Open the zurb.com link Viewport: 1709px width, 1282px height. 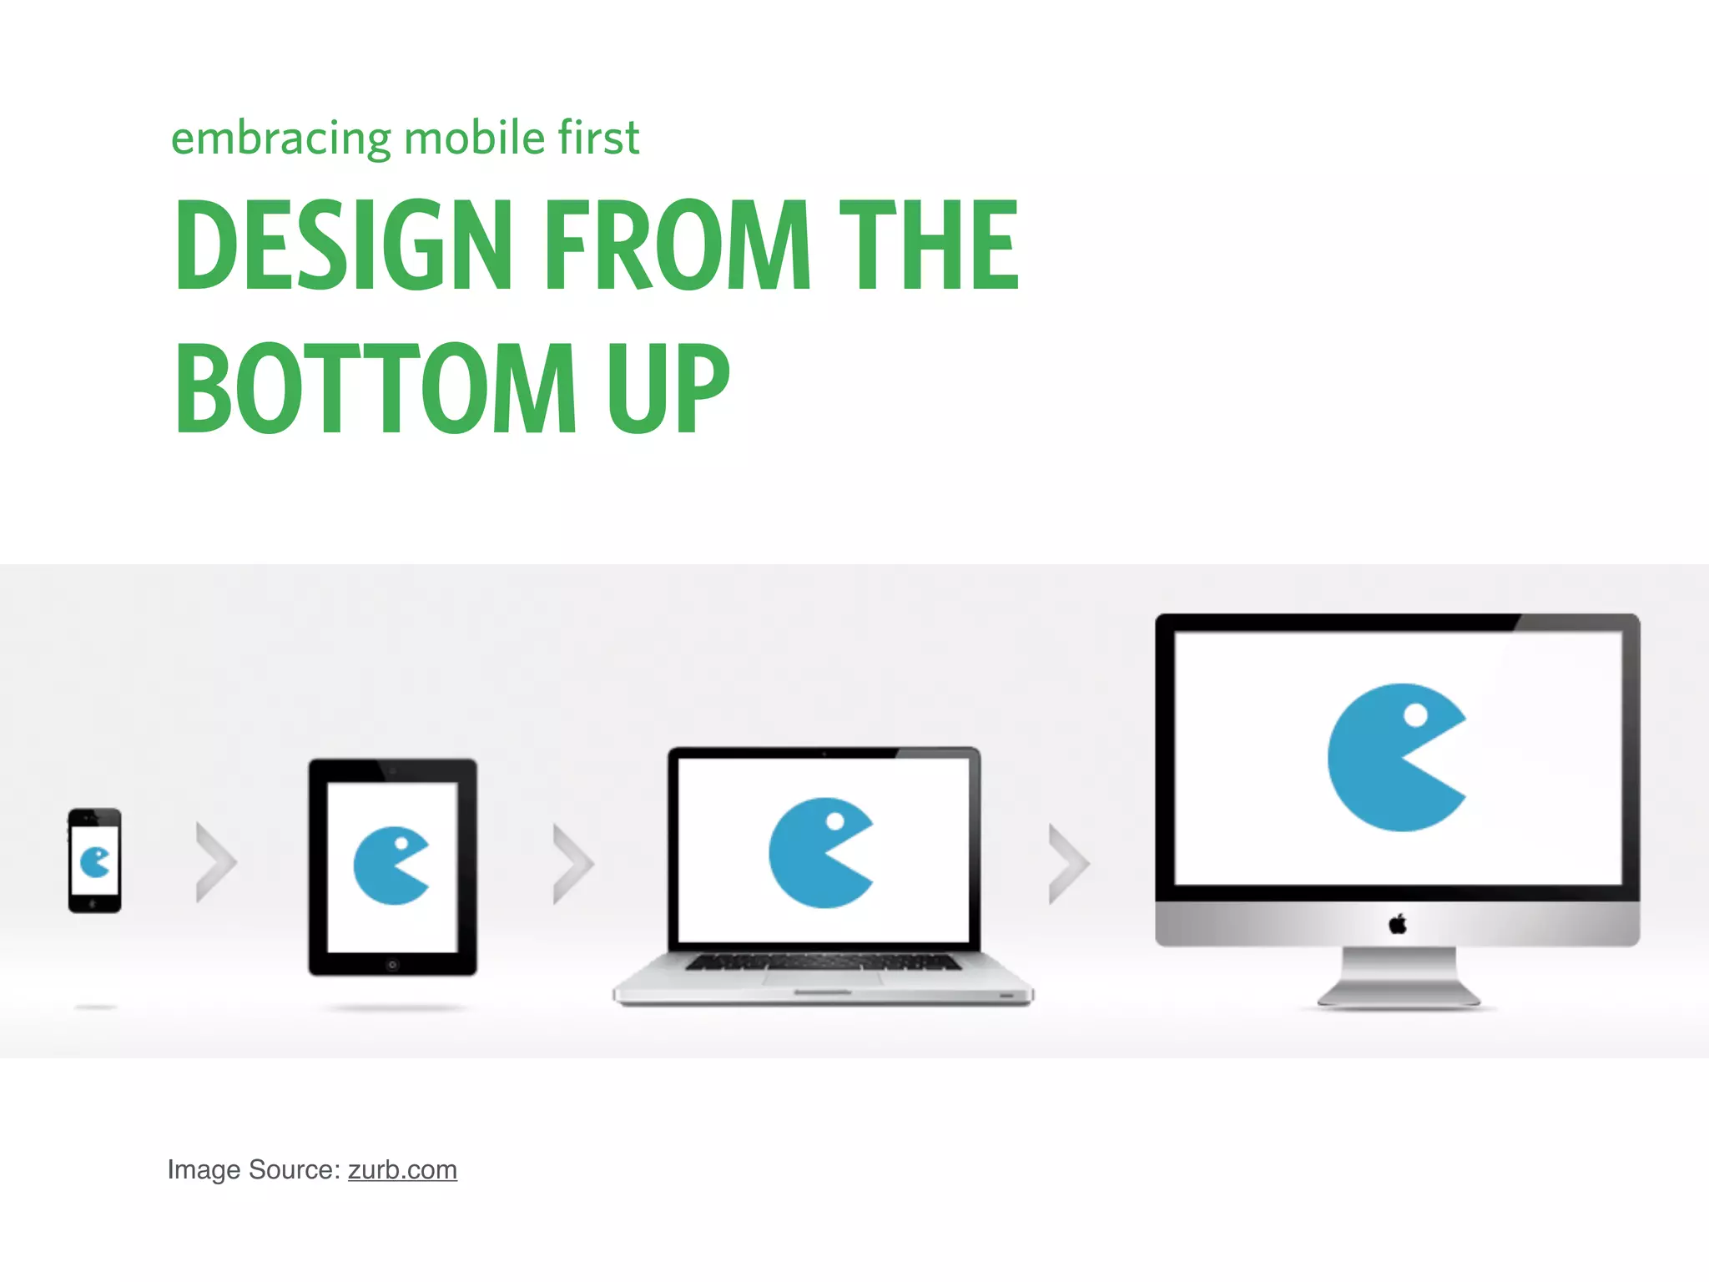click(x=402, y=1170)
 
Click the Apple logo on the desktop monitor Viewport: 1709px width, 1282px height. click(x=1398, y=924)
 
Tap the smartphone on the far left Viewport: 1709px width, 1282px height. click(x=94, y=861)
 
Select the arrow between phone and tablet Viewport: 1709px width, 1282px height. click(x=216, y=862)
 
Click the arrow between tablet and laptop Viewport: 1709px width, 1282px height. click(x=573, y=864)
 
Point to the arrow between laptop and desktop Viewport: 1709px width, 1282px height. click(x=1069, y=864)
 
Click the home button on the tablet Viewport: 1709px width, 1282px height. click(x=392, y=965)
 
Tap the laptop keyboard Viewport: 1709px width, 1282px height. click(x=823, y=962)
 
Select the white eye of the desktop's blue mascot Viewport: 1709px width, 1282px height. click(x=1416, y=714)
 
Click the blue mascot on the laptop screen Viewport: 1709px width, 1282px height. click(x=816, y=853)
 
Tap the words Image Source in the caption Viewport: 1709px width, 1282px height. click(x=254, y=1170)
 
